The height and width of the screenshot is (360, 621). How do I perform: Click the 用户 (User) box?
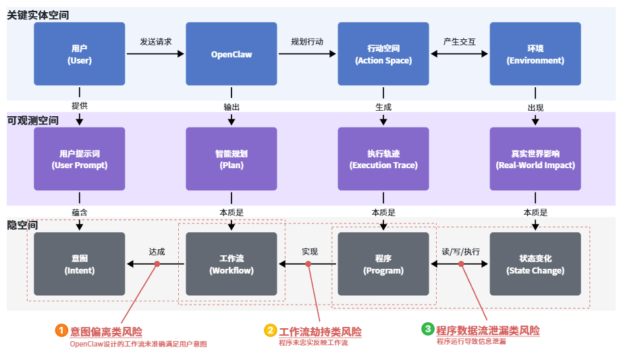coord(80,54)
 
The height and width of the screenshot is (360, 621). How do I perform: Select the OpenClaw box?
coord(232,54)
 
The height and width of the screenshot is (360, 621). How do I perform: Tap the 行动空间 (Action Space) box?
coord(383,54)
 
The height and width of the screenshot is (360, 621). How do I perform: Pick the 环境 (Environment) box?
coord(535,54)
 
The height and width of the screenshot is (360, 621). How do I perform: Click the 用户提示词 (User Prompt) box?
coord(80,159)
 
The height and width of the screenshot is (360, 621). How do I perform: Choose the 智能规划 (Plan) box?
coord(232,159)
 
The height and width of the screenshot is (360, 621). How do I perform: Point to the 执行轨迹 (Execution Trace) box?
coord(383,159)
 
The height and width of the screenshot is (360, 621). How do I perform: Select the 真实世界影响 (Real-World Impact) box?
coord(535,159)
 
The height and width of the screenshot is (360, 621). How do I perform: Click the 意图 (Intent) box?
coord(80,264)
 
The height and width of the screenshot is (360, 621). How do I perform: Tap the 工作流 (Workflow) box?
coord(232,264)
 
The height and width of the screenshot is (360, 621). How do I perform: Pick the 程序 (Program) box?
coord(383,264)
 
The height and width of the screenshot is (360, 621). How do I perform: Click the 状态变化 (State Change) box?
coord(535,264)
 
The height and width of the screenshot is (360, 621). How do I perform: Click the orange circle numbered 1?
coord(61,330)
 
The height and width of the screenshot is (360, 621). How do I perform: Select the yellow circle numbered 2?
coord(270,330)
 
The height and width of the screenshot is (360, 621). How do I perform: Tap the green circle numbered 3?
coord(427,329)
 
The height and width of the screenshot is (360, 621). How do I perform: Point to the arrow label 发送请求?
coord(155,42)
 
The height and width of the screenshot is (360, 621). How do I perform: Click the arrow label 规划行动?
coord(307,42)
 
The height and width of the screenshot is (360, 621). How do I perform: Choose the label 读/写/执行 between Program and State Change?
coord(460,251)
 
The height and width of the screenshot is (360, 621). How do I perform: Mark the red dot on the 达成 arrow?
coord(157,264)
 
